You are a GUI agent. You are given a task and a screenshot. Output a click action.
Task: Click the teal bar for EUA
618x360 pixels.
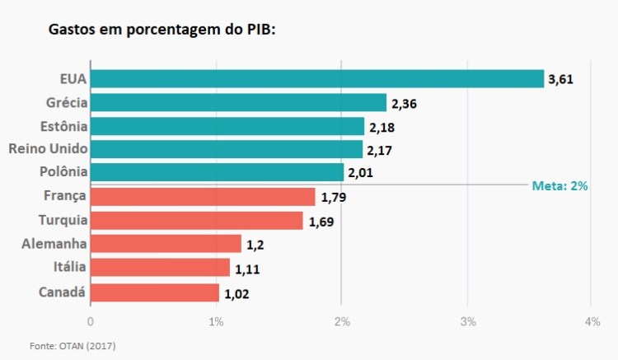pyautogui.click(x=316, y=78)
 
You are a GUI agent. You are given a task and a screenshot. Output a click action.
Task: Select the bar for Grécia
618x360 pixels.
pyautogui.click(x=238, y=102)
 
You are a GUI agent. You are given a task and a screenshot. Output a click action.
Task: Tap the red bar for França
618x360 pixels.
pyautogui.click(x=203, y=196)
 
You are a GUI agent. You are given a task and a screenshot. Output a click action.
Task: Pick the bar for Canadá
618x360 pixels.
pyautogui.click(x=155, y=292)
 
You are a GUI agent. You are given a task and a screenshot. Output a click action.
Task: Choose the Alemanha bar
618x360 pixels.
pyautogui.click(x=166, y=244)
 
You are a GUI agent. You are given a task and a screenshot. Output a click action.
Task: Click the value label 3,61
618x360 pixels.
pyautogui.click(x=559, y=79)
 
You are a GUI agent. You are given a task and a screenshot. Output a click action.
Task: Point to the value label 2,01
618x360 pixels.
pyautogui.click(x=362, y=173)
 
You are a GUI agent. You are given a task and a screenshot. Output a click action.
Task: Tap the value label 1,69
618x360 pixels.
pyautogui.click(x=321, y=222)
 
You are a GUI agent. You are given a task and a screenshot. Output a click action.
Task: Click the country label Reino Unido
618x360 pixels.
pyautogui.click(x=47, y=149)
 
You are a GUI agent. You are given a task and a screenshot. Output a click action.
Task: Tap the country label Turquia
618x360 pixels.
pyautogui.click(x=63, y=220)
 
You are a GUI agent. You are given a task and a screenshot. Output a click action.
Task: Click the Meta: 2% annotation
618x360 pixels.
pyautogui.click(x=559, y=186)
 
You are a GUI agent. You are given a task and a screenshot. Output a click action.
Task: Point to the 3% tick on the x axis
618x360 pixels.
pyautogui.click(x=469, y=321)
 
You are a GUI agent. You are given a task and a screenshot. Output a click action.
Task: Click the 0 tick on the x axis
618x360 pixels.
pyautogui.click(x=90, y=321)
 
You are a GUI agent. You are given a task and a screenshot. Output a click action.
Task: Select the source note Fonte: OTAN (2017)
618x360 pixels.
pyautogui.click(x=73, y=346)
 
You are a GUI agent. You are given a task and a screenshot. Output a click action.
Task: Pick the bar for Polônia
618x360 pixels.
pyautogui.click(x=217, y=172)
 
